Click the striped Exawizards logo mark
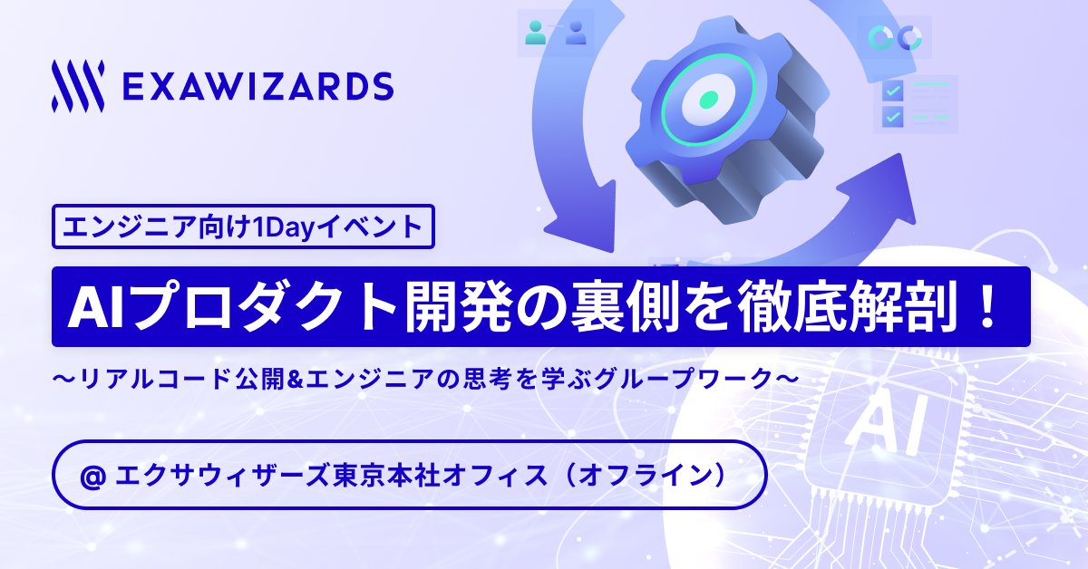[x=78, y=86]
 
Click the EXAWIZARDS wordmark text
[x=257, y=86]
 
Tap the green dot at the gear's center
[x=709, y=100]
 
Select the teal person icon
[x=535, y=32]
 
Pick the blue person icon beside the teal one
[x=576, y=32]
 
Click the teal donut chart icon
[x=880, y=37]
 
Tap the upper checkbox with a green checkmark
[x=893, y=91]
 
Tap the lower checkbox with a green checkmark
[x=893, y=117]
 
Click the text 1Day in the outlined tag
[x=285, y=227]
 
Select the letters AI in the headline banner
[x=94, y=307]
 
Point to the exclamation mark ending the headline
[x=988, y=306]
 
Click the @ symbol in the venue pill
[x=92, y=477]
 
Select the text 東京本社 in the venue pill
[x=386, y=475]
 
